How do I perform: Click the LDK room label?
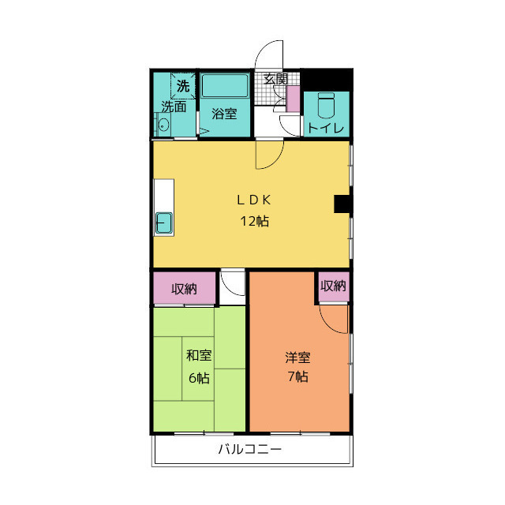click(254, 200)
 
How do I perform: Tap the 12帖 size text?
click(254, 221)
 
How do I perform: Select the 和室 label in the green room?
click(199, 355)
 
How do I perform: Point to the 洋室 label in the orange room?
click(297, 357)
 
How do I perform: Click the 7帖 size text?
click(298, 376)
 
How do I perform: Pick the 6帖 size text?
click(199, 378)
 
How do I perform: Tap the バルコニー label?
click(250, 449)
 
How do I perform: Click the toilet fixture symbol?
click(326, 105)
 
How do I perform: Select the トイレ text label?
click(326, 129)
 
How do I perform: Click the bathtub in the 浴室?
click(225, 85)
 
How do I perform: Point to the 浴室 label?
click(224, 114)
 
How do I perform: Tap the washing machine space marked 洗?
click(183, 86)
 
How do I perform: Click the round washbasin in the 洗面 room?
click(163, 125)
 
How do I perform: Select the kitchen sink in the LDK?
click(164, 223)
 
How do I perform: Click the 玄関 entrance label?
click(275, 79)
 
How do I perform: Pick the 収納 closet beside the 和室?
click(184, 288)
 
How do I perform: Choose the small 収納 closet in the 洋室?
click(334, 286)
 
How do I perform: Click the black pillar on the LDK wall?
click(343, 204)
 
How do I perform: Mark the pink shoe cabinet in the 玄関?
click(294, 99)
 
